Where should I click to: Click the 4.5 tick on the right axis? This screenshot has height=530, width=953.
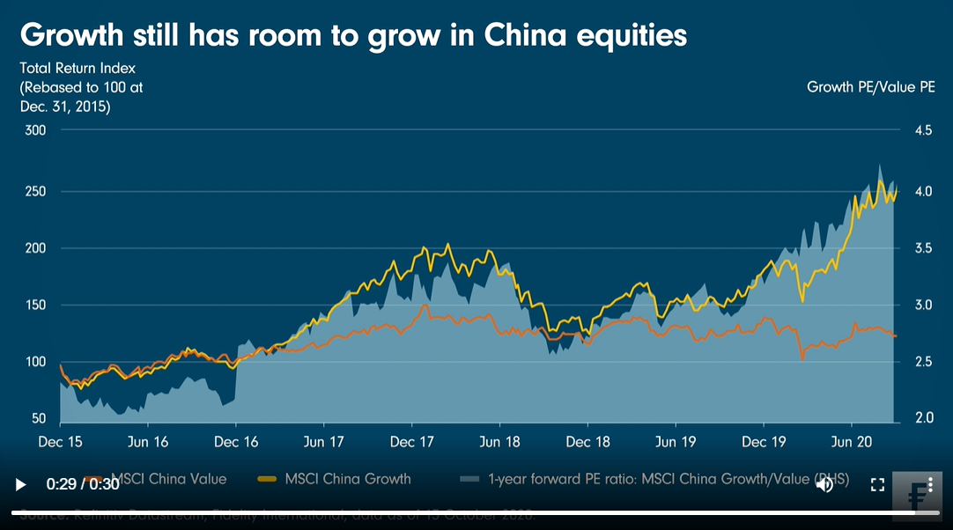coord(923,130)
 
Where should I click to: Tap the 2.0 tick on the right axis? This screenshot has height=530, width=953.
coord(923,417)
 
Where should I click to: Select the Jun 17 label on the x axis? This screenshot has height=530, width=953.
coord(324,441)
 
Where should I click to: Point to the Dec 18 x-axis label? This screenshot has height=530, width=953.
coord(587,441)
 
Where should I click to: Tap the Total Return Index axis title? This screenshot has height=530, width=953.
coord(78,67)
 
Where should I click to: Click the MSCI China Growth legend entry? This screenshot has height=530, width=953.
coord(347,479)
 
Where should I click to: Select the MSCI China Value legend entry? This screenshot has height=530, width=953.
coord(168,479)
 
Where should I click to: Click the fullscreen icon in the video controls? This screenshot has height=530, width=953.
coord(877,484)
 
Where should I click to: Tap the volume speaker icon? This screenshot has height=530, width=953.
coord(824,483)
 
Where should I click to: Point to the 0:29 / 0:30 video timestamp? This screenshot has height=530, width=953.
coord(83,484)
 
